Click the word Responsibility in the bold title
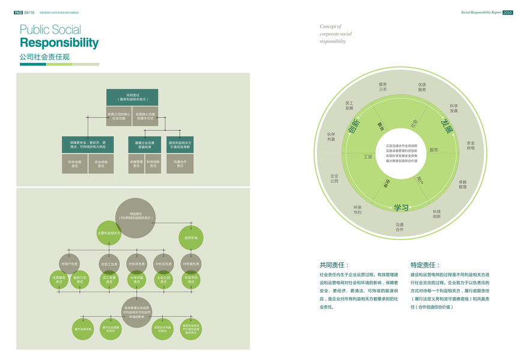tap(59, 43)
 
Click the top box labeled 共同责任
tap(132, 97)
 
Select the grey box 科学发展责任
tap(75, 164)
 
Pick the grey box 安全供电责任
tap(101, 164)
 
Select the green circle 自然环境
tap(191, 238)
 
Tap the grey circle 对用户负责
tap(70, 264)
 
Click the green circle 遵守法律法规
tap(82, 329)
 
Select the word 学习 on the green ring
tap(401, 208)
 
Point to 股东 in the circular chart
tap(434, 150)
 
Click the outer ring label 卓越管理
tap(462, 184)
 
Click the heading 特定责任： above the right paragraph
tap(425, 265)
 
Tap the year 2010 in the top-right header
tap(507, 12)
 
